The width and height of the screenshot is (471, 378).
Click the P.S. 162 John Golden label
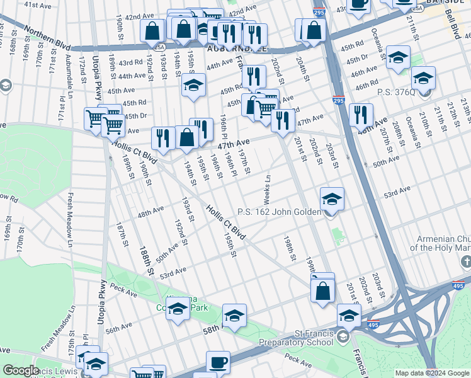pos(279,212)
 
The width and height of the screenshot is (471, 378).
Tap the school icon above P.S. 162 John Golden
pos(332,199)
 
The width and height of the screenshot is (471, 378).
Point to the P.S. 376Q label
pos(396,92)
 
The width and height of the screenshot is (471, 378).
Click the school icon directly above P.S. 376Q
pos(423,79)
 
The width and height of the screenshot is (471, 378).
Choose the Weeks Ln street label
pos(267,189)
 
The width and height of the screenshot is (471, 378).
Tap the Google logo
pos(21,370)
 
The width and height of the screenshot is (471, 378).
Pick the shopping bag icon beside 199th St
pos(322,291)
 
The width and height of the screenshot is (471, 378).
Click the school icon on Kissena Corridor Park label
pos(178,309)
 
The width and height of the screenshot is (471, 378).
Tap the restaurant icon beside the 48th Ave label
pos(360,115)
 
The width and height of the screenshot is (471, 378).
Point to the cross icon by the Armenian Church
pos(466,266)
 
